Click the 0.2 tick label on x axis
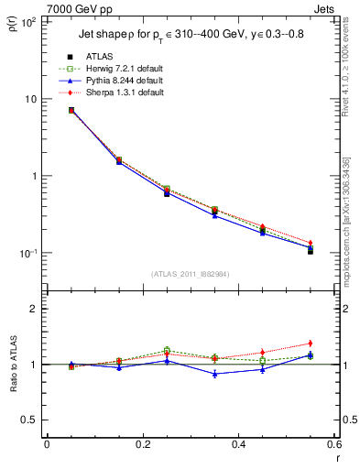click(x=142, y=444)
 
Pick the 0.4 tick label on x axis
click(x=238, y=444)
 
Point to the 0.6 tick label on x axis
click(x=333, y=444)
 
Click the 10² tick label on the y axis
click(x=28, y=22)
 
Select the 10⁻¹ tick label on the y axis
click(x=28, y=253)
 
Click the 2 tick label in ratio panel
click(x=34, y=309)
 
